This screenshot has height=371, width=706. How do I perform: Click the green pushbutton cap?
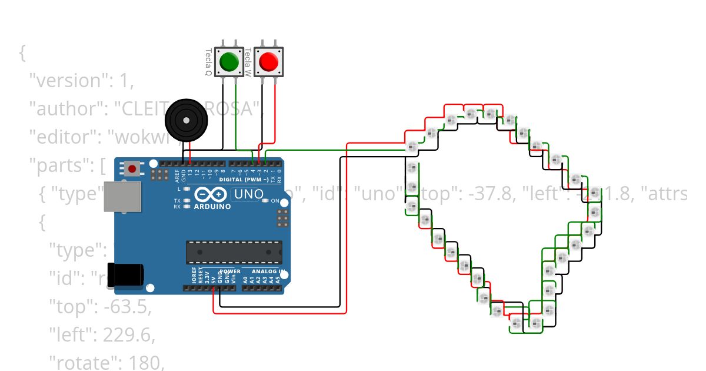tap(229, 61)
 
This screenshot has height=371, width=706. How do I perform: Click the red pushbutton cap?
tap(268, 61)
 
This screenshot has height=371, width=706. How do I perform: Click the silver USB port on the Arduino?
tap(123, 196)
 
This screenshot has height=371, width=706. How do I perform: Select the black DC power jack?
tap(126, 274)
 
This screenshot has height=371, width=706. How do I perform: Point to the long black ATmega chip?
tap(234, 251)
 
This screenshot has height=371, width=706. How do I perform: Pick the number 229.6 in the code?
tap(128, 335)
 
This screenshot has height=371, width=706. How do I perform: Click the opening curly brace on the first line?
tap(22, 53)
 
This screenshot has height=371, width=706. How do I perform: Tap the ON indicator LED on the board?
tap(266, 201)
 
